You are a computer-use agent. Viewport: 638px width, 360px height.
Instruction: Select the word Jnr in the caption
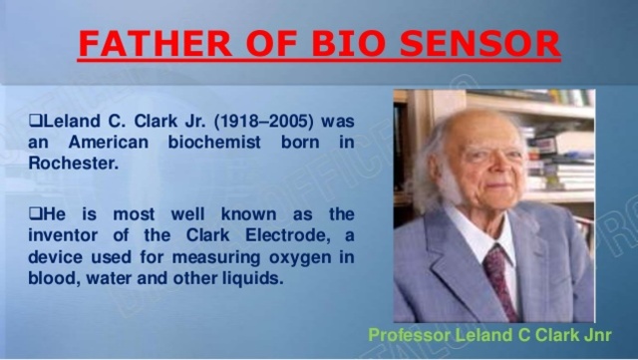coord(595,336)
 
